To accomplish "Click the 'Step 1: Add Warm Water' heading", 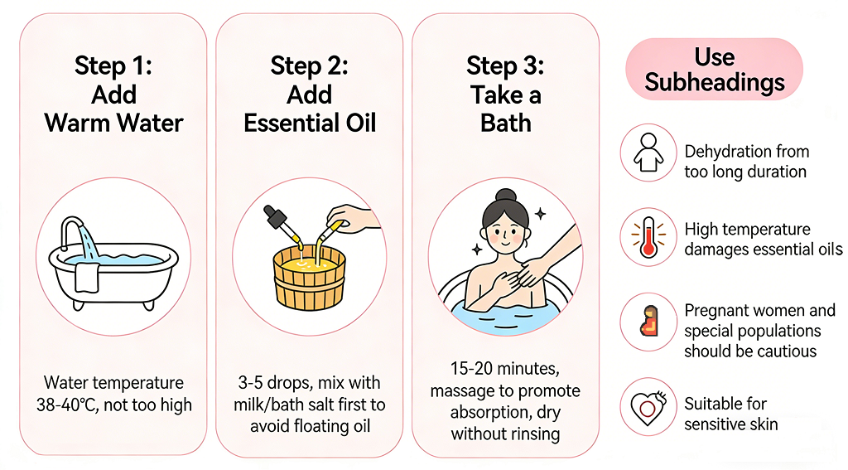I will (x=113, y=94).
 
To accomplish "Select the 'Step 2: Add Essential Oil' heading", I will (x=310, y=94).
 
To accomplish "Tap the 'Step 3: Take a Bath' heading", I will (x=505, y=94).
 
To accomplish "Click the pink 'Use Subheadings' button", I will (x=714, y=70).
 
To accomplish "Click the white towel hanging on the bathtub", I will (x=87, y=276).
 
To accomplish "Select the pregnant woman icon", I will (x=648, y=322).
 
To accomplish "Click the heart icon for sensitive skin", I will (x=648, y=406).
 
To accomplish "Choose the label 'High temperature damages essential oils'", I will (x=763, y=239).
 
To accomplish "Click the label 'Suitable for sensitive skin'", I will (x=730, y=414).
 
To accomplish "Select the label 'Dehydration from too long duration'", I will (x=746, y=162).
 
